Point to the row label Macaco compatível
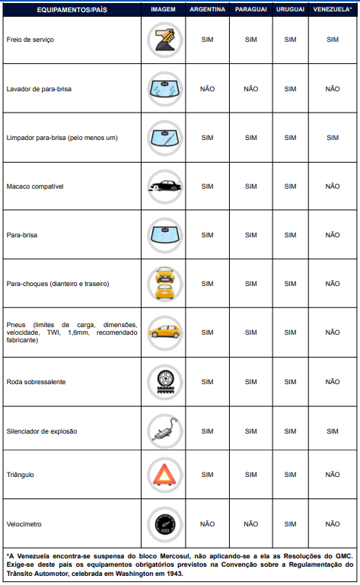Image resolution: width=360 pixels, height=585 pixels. coord(34,186)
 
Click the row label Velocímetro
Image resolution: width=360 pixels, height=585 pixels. coord(24,524)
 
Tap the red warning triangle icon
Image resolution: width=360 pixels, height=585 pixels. coord(164,475)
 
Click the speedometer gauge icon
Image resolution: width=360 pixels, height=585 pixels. coord(164,523)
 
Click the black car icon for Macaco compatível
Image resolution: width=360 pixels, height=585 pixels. coord(164,186)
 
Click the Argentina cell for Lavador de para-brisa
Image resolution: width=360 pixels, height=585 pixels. coord(208,88)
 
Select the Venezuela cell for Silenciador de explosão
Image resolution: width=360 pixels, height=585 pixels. coord(333,431)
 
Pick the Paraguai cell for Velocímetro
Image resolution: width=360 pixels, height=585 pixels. coord(250,524)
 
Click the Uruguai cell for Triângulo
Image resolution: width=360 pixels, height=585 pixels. coord(290,475)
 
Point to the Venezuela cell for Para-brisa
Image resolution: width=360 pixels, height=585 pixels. coord(333,235)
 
